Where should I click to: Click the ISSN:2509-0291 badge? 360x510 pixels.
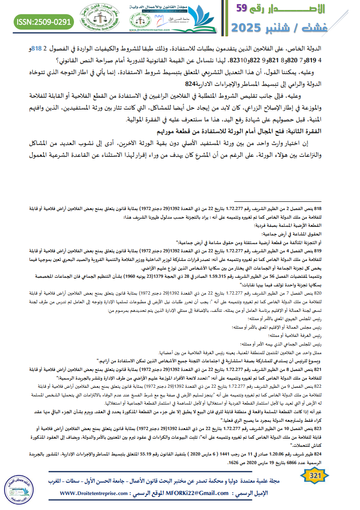(x=44, y=21)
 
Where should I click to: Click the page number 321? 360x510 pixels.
(x=315, y=475)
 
